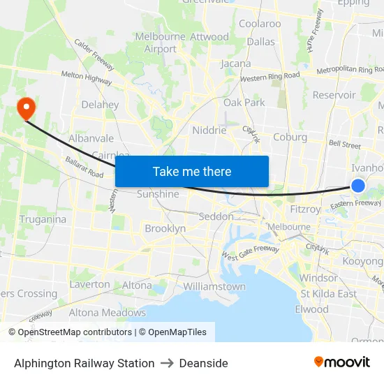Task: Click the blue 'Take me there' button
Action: [x=191, y=171]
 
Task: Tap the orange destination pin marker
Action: [x=27, y=108]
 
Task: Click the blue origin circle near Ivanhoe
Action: [x=357, y=185]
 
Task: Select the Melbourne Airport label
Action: [x=161, y=43]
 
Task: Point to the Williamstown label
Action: [x=214, y=286]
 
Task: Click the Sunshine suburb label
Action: [x=158, y=194]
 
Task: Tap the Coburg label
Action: [x=290, y=137]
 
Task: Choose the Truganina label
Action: [x=43, y=219]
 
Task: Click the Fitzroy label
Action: [x=304, y=208]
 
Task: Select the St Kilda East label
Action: [x=327, y=293]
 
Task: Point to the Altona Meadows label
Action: [x=107, y=312]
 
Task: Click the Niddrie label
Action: [x=209, y=130]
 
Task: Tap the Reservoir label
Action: [x=334, y=95]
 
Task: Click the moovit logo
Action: [x=341, y=362]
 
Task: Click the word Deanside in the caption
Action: [x=203, y=363]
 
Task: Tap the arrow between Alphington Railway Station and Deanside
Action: [x=167, y=363]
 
